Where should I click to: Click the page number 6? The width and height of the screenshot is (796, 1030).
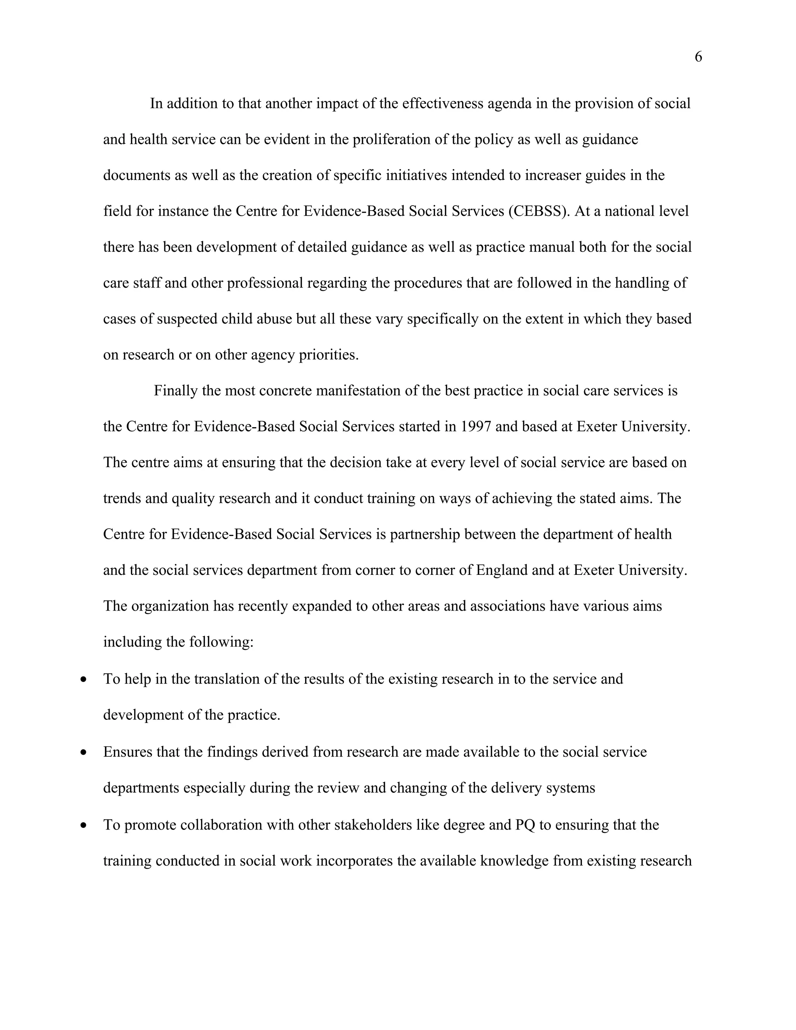[x=698, y=57]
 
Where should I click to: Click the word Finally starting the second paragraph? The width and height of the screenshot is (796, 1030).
[x=175, y=391]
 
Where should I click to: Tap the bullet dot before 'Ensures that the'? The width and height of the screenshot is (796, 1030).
[x=84, y=753]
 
